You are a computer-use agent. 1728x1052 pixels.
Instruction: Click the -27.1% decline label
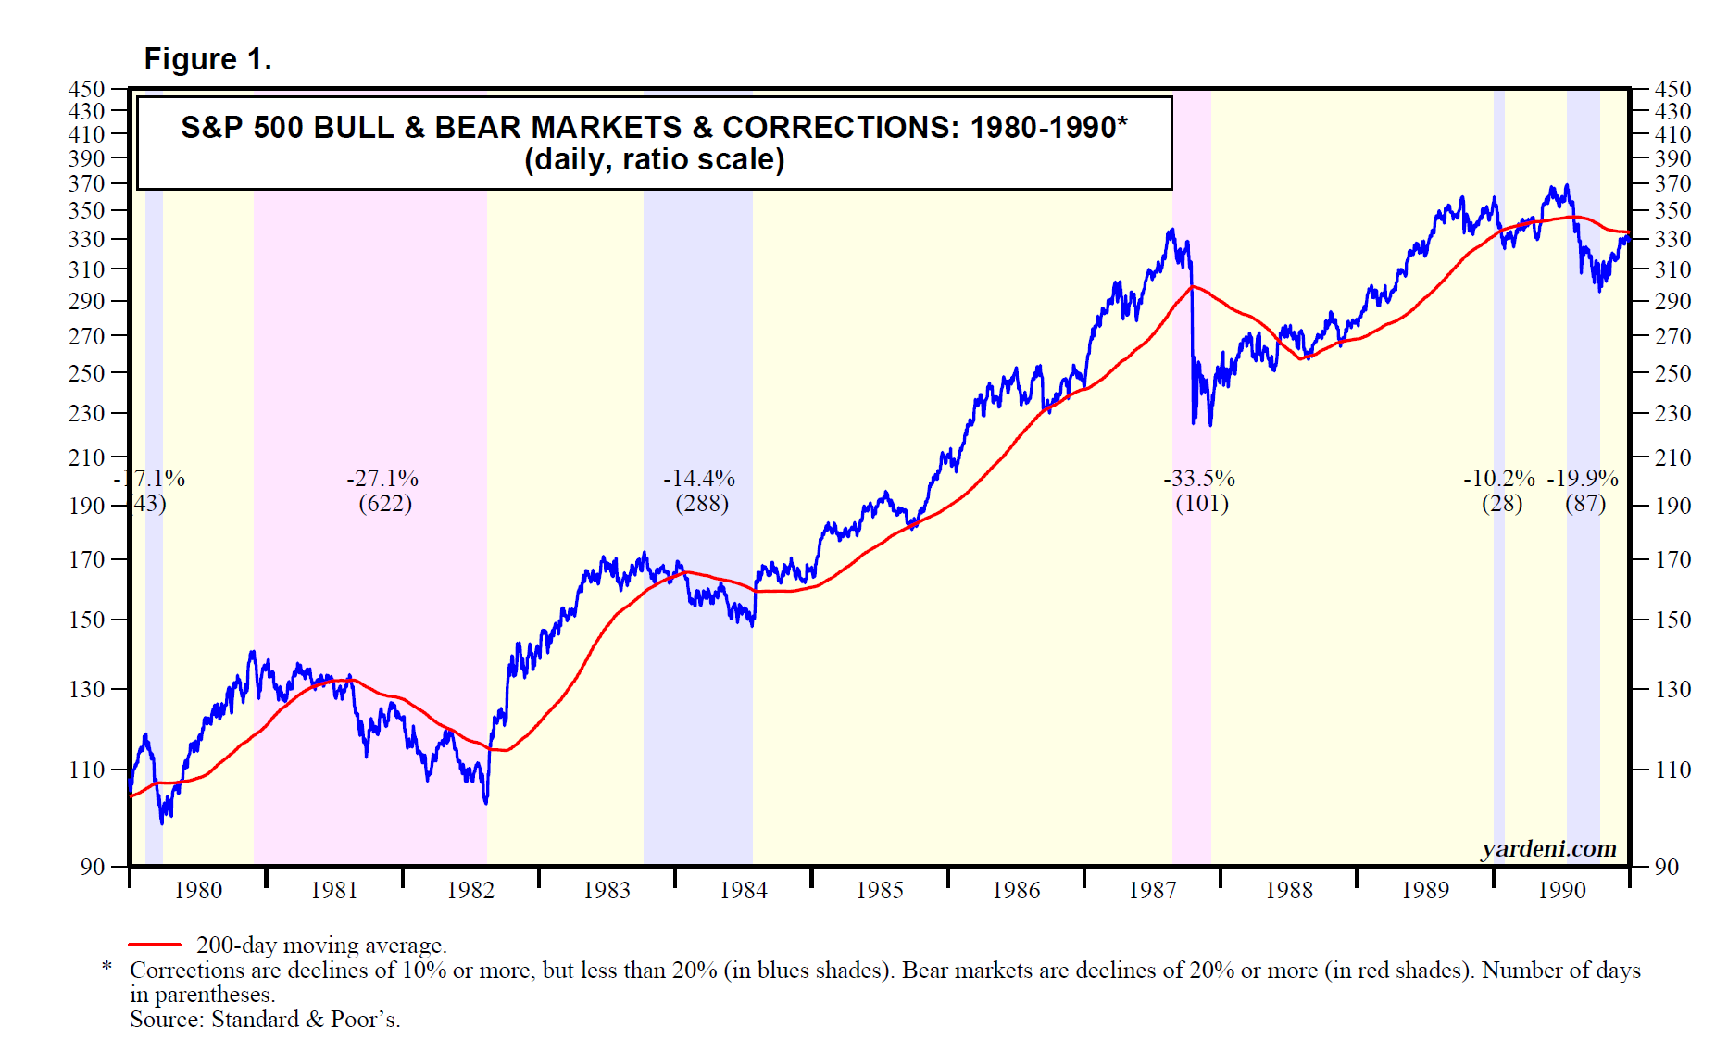click(382, 479)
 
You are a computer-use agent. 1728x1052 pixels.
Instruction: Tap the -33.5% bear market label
click(1199, 479)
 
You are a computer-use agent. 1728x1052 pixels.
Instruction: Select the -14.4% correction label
click(699, 479)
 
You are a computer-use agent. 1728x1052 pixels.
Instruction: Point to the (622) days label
click(385, 504)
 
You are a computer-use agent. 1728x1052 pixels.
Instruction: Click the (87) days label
click(1585, 504)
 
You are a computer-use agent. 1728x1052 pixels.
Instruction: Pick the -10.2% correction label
click(1499, 479)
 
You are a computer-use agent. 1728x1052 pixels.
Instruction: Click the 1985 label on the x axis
click(880, 891)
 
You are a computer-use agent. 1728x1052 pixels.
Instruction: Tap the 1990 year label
click(1562, 891)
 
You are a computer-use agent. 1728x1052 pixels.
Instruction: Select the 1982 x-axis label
click(470, 891)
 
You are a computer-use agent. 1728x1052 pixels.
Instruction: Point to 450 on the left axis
click(87, 89)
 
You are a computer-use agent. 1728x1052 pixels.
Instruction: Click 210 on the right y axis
click(1673, 457)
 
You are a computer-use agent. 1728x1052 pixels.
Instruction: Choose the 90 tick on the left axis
click(93, 867)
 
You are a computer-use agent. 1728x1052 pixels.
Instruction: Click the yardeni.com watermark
click(1549, 849)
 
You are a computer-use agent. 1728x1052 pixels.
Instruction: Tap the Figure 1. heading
click(207, 59)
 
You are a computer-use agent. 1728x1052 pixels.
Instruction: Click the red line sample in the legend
click(155, 945)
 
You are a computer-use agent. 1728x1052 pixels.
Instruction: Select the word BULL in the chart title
click(351, 128)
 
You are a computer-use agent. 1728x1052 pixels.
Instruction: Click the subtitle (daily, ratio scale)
click(655, 160)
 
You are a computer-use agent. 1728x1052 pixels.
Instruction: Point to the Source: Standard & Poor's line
click(265, 1020)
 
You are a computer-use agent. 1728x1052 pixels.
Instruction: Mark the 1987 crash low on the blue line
click(1195, 423)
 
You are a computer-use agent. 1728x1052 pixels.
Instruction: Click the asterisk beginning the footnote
click(107, 968)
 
